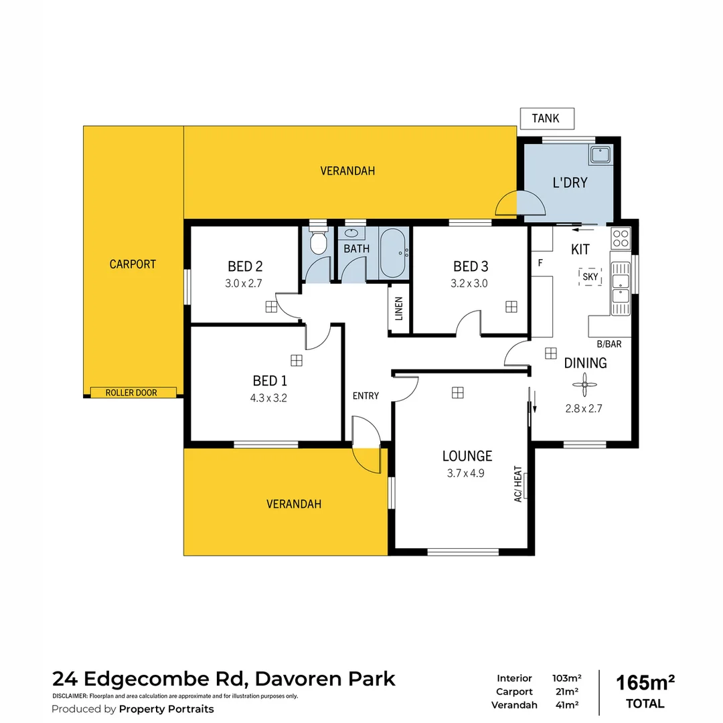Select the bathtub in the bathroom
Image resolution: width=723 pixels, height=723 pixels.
point(393,253)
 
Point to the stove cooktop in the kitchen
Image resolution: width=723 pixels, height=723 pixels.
point(621,237)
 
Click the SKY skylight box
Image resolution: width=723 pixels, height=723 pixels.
point(590,276)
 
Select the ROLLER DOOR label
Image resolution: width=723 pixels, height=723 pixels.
point(132,392)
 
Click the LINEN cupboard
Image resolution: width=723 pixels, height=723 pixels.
point(399,309)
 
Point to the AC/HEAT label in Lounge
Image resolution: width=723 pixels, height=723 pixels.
point(517,485)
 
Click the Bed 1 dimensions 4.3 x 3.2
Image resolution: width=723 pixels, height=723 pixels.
point(269,397)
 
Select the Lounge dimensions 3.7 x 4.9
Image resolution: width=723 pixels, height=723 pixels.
point(466,473)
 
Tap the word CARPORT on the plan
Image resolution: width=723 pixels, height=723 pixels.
point(133,264)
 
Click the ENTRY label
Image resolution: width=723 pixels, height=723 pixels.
point(366,396)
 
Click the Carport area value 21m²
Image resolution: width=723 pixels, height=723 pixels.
point(565,692)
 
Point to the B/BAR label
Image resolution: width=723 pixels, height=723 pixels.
point(609,344)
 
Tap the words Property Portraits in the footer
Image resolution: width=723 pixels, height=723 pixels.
point(166,709)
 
